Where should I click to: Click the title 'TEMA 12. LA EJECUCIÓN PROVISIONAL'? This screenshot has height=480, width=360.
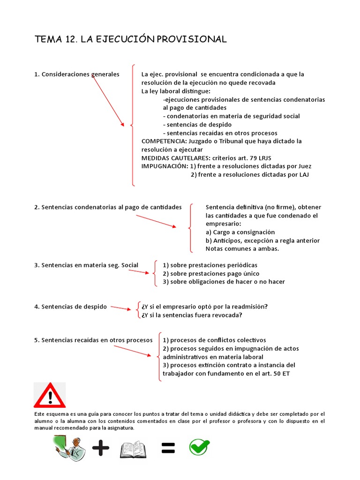(x=131, y=39)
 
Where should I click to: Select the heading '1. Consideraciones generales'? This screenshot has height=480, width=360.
(x=77, y=75)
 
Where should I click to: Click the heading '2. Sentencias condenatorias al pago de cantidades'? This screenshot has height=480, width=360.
(x=108, y=207)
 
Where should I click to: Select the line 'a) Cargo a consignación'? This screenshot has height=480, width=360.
(x=240, y=232)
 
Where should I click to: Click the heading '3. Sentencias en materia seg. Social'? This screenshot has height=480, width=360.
(x=86, y=265)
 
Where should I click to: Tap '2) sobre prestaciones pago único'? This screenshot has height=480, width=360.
(x=210, y=274)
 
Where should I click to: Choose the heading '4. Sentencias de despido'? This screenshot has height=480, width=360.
(x=70, y=307)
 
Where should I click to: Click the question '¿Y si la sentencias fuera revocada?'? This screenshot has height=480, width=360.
(x=192, y=315)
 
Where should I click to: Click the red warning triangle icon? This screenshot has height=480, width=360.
(x=50, y=396)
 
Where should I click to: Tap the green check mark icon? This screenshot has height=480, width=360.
(x=199, y=448)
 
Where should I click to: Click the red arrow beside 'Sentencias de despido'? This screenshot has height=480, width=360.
(x=121, y=308)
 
